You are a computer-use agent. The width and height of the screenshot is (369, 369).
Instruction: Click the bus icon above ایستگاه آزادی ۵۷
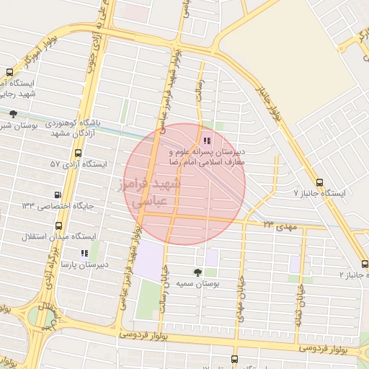pos(78,153)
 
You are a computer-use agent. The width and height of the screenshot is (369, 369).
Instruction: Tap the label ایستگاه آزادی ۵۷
pos(78,164)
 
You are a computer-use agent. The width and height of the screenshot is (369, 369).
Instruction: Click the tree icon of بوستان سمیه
pos(197,272)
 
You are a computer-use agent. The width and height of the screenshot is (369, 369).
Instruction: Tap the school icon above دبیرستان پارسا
pos(84,253)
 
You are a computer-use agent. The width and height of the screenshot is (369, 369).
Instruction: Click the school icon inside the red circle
pos(208,141)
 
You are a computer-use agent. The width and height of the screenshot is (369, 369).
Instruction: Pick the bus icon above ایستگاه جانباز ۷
pos(320,182)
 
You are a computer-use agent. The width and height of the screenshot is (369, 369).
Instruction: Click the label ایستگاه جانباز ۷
pos(320,194)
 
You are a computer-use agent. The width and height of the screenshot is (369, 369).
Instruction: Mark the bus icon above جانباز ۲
pos(364,264)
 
